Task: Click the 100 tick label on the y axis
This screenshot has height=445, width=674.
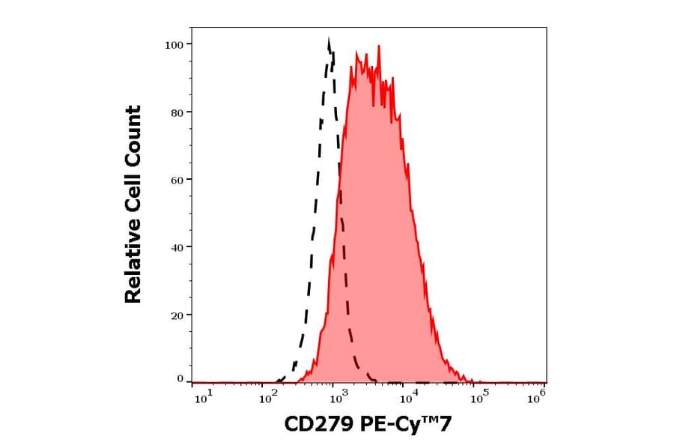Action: click(x=174, y=44)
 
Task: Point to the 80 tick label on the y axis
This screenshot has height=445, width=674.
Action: click(x=177, y=112)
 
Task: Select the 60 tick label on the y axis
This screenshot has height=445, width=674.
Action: click(x=177, y=180)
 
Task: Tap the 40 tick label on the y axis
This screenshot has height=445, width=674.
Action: click(x=177, y=247)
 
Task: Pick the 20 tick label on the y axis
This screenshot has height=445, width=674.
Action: click(x=177, y=315)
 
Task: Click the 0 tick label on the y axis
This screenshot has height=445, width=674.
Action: click(x=180, y=379)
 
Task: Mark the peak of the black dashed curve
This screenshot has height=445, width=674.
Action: click(x=329, y=40)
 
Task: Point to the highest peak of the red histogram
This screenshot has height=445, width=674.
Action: click(x=379, y=46)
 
